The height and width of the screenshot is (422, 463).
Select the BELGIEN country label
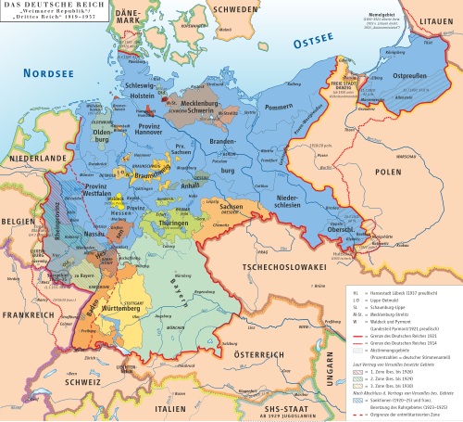point(18,223)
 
